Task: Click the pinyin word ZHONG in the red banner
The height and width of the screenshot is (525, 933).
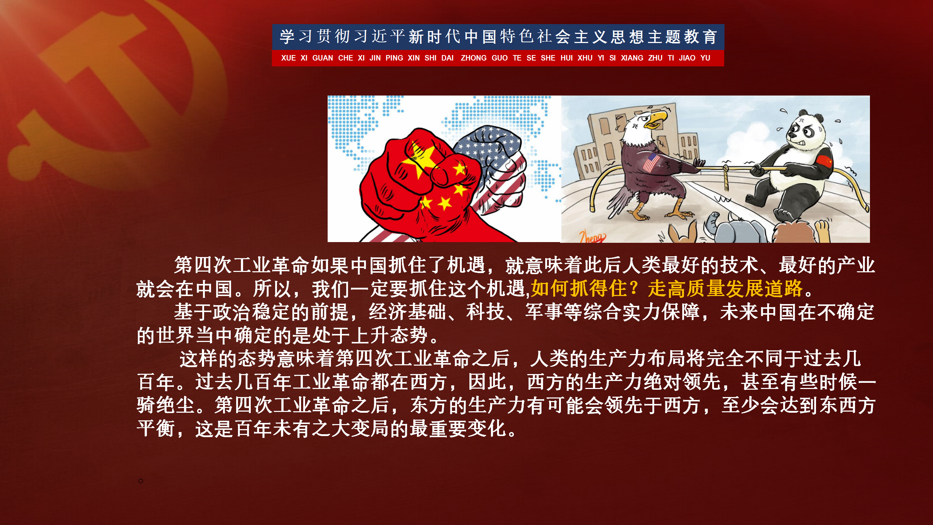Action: coord(473,58)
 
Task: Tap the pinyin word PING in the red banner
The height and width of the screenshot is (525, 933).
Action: coord(394,58)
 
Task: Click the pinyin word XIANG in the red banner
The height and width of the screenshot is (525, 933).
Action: coord(632,58)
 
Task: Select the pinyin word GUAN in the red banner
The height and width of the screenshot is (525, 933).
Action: coord(323,58)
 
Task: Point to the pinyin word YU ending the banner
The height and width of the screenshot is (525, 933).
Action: coord(705,58)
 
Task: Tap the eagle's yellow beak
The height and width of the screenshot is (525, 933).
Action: coord(656,120)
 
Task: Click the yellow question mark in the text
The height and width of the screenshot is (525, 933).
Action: coord(635,288)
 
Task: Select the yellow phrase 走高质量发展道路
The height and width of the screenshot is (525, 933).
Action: coord(725,289)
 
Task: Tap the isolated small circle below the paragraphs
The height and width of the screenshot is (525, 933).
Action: coord(141,481)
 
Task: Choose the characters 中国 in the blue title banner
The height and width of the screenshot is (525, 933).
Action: coord(480,37)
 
